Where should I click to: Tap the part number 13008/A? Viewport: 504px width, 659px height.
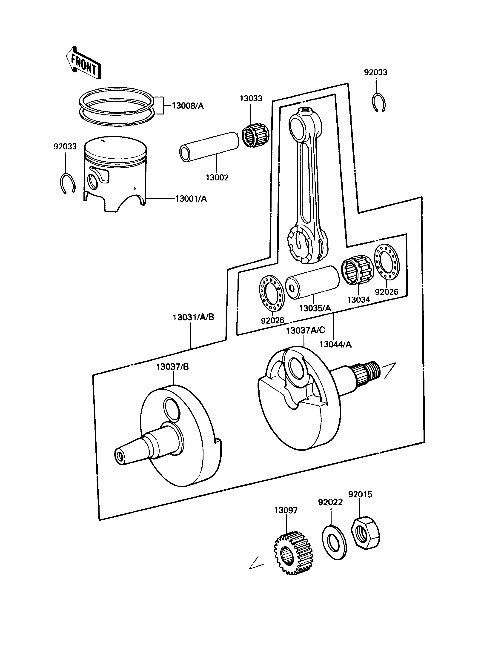188,106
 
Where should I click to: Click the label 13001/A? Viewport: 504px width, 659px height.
191,199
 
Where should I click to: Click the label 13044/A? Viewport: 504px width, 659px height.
335,344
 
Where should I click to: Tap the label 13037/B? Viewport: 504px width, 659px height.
172,367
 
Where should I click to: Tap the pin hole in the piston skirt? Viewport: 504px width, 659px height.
93,182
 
